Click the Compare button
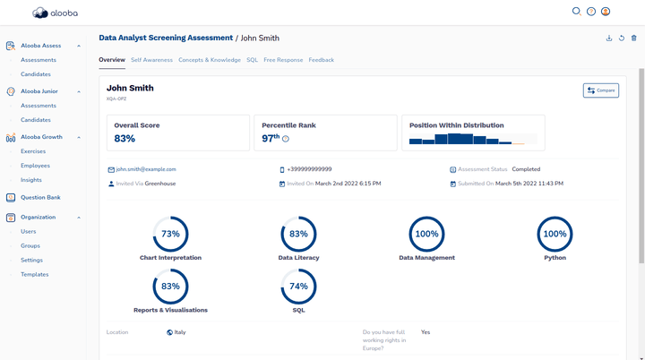click(600, 90)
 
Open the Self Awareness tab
click(151, 60)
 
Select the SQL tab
click(252, 60)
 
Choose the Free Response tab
click(283, 60)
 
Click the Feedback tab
click(321, 60)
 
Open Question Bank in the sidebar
click(40, 197)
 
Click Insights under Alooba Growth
click(31, 180)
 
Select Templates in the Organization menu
click(35, 274)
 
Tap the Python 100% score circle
click(555, 234)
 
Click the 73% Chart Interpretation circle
click(170, 234)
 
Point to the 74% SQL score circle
click(298, 287)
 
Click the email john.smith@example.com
click(145, 169)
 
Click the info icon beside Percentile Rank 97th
click(286, 139)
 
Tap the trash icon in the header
click(634, 39)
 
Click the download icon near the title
click(609, 39)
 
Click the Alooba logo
click(53, 13)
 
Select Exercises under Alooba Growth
click(33, 151)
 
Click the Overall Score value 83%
click(125, 139)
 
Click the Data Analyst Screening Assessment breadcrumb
click(166, 39)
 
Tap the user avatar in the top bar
click(606, 12)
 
